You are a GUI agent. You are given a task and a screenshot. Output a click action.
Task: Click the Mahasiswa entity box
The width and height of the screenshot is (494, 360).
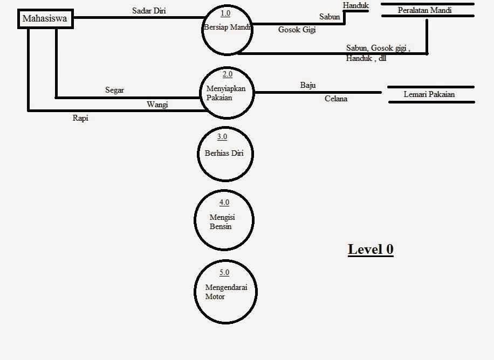click(x=44, y=20)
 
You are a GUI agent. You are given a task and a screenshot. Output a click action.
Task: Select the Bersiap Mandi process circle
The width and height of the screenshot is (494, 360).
click(x=227, y=30)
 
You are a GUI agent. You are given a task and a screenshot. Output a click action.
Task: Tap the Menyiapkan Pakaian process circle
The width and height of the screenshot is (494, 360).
click(x=227, y=93)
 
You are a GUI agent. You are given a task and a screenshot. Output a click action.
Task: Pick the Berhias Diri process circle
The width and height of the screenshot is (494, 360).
click(x=224, y=154)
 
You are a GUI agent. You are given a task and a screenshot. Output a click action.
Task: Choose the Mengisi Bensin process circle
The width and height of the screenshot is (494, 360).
click(x=224, y=220)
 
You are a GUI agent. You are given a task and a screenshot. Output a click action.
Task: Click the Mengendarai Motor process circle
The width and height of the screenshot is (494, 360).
click(x=224, y=292)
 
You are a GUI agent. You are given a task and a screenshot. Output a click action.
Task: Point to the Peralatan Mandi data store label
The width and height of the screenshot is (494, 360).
click(x=424, y=10)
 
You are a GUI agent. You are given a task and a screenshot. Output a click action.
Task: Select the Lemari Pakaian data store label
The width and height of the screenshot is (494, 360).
click(x=429, y=94)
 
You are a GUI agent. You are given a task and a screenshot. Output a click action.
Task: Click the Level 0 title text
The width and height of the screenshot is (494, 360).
click(x=370, y=249)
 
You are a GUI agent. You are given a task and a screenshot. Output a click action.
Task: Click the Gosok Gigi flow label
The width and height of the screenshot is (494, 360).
click(x=297, y=30)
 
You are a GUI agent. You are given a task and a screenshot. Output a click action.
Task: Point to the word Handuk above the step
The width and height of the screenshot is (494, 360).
click(x=356, y=5)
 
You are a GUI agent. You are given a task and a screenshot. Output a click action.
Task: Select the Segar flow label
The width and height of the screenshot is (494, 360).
click(x=114, y=90)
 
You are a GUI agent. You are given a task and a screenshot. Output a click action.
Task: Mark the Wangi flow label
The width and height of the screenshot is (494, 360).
click(x=157, y=105)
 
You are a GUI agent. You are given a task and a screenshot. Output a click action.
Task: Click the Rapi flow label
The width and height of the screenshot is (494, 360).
click(x=80, y=119)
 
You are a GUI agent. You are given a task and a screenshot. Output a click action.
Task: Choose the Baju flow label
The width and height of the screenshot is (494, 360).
click(x=308, y=85)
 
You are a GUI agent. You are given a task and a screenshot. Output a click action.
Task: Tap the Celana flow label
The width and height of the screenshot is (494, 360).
click(x=336, y=99)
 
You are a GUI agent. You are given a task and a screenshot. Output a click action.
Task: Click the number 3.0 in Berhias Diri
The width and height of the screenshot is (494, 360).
click(x=222, y=137)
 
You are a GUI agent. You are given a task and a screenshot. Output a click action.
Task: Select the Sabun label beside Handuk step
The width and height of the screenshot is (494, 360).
click(x=330, y=17)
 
